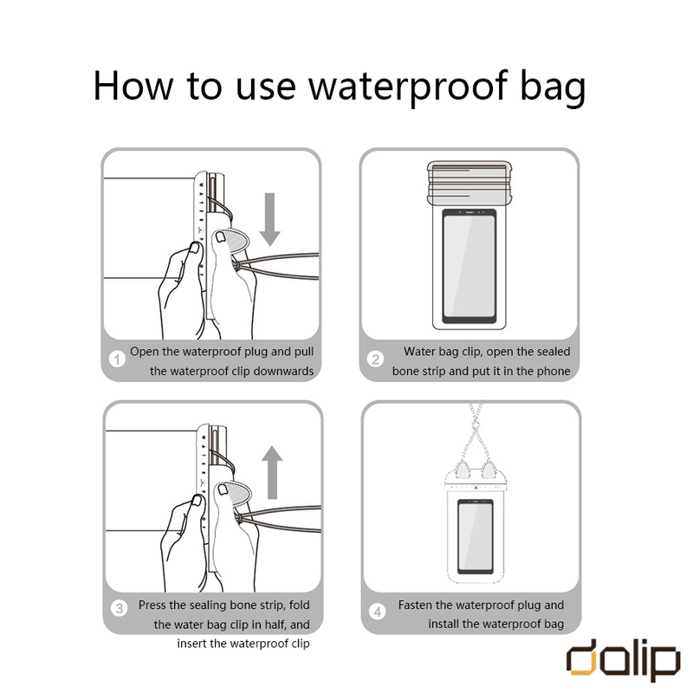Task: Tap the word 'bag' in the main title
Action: (553, 87)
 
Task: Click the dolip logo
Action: (623, 660)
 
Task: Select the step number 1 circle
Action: (117, 359)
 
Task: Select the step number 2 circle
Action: (375, 359)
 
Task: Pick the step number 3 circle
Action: (119, 609)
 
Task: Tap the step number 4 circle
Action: (378, 612)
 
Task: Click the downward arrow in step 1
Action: (269, 219)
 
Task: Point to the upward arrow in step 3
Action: (272, 472)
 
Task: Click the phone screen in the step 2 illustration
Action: (469, 266)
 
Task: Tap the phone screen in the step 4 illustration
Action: (475, 536)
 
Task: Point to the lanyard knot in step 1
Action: (236, 266)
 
